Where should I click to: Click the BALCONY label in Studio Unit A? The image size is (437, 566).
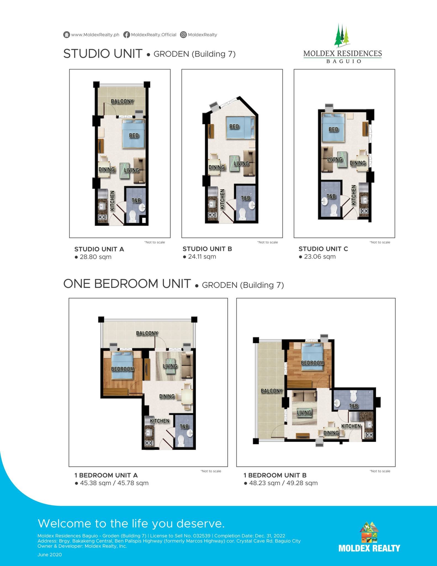click(122, 101)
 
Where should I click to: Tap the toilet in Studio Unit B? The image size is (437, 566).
click(243, 214)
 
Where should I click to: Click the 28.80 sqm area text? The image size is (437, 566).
click(96, 257)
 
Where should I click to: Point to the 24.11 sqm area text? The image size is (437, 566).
click(202, 257)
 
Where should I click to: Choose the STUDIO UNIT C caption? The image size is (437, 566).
click(323, 249)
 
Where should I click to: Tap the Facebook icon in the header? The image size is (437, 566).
click(126, 35)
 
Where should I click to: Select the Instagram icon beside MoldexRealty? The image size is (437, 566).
click(183, 35)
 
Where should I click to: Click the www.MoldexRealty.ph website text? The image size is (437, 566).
click(95, 35)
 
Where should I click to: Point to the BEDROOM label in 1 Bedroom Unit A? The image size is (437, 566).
click(123, 369)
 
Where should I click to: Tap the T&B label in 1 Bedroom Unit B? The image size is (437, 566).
click(354, 406)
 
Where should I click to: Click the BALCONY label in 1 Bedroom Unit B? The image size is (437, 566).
click(272, 391)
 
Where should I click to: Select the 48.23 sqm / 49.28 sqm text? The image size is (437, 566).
click(283, 483)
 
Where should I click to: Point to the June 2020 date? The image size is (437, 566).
click(50, 555)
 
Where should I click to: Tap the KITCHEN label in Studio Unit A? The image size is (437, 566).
click(112, 201)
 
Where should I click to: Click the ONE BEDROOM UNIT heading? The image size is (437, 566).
click(127, 284)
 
